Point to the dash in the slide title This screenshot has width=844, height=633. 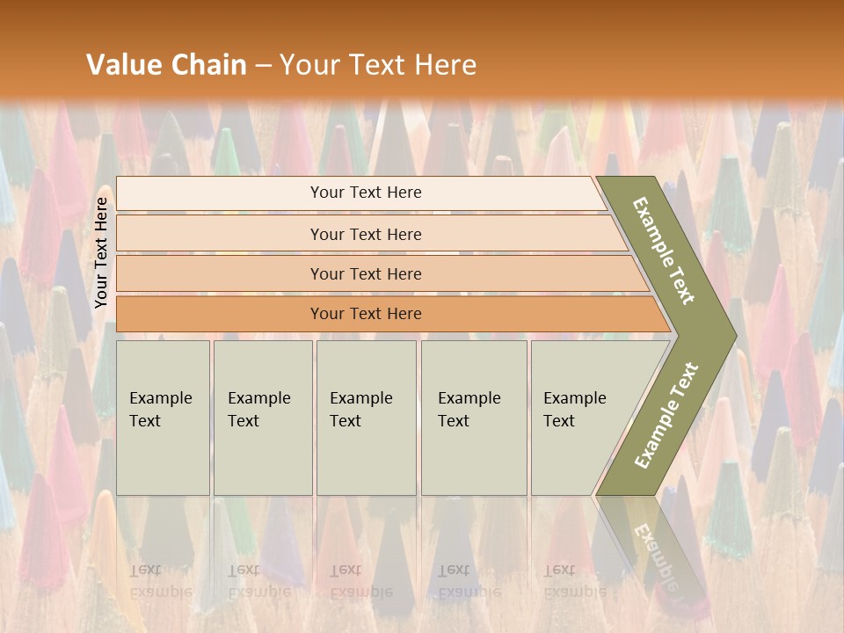point(263,66)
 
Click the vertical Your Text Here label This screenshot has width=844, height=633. point(101,252)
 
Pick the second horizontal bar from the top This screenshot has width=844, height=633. point(366,234)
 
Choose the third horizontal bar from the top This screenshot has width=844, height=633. point(366,274)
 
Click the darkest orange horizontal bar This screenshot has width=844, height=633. point(366,314)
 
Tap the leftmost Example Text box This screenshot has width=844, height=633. point(163,418)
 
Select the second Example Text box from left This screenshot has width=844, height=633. point(263,418)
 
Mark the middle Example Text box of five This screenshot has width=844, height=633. point(366,418)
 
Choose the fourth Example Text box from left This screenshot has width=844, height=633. point(474,418)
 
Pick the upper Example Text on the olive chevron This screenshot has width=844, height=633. point(664,251)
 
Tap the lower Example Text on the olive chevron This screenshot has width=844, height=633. point(666,416)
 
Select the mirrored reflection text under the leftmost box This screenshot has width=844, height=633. point(160,580)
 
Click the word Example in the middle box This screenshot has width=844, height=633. point(360,398)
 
